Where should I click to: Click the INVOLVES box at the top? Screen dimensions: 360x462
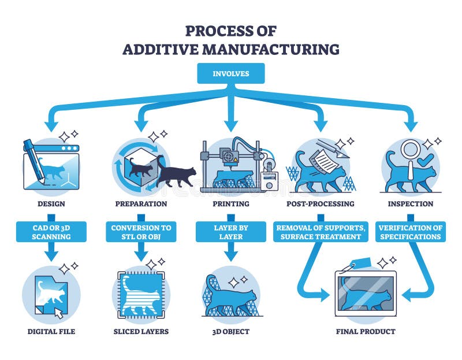click(230, 74)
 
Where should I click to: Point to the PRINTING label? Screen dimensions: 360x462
click(230, 203)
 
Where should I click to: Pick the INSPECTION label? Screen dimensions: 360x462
click(411, 203)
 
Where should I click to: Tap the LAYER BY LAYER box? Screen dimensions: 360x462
click(230, 232)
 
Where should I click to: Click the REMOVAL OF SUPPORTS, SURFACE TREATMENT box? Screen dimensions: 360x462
click(321, 232)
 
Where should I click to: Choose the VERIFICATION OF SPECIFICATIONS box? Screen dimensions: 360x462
click(411, 232)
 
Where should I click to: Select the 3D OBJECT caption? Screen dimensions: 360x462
click(230, 332)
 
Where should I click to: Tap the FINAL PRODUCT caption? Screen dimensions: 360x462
click(366, 332)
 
